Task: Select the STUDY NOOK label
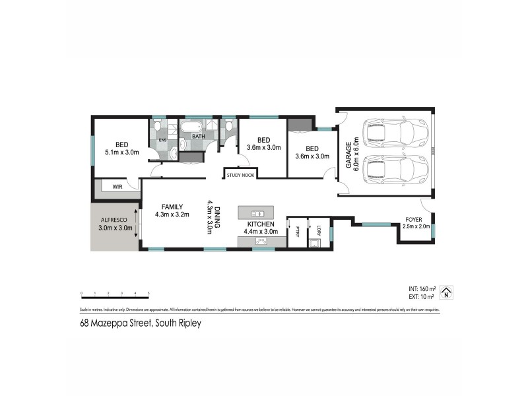click(240, 175)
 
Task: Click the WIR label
click(117, 187)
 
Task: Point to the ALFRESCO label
click(115, 222)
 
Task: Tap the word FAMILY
click(169, 206)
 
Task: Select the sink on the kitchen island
click(258, 213)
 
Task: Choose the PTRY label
click(298, 232)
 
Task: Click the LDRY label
click(318, 232)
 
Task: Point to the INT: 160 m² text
click(422, 289)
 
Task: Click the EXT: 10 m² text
click(422, 297)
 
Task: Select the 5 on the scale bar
click(148, 292)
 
